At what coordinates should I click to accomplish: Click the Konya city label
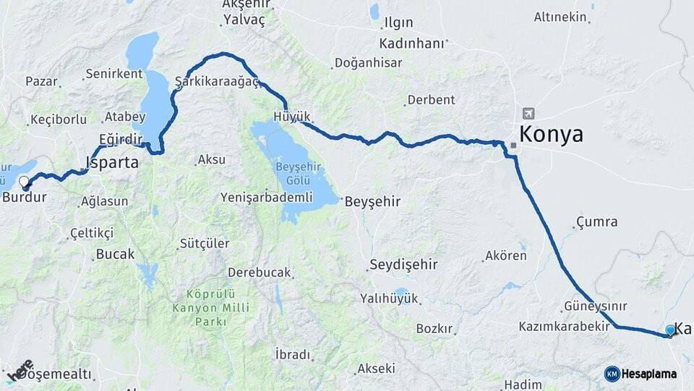coord(551,134)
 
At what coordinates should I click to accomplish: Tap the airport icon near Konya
coord(528,114)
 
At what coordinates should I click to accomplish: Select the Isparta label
coord(112,162)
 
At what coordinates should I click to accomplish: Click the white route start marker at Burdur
coord(25,182)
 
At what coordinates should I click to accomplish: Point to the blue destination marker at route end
coord(670,331)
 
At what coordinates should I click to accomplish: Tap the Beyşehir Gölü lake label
coord(293,173)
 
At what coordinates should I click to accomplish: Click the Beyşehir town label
coord(373,201)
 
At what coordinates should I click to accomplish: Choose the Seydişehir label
coord(403,264)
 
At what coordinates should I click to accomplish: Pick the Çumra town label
coord(597,222)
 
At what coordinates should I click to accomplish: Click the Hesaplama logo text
coord(648,374)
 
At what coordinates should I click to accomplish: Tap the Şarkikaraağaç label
coord(217,81)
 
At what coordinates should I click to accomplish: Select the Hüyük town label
coord(292,117)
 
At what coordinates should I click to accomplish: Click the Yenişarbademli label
coord(266,197)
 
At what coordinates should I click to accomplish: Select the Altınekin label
coord(560,17)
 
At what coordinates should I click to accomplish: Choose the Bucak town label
coord(114,254)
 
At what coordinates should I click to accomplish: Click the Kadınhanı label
coord(411,43)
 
